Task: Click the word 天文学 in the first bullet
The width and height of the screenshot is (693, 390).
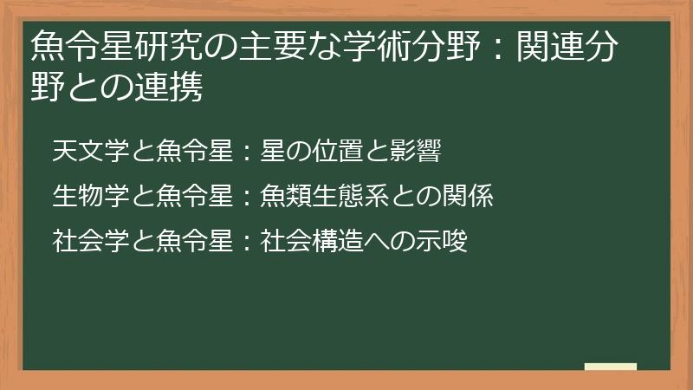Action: pos(91,151)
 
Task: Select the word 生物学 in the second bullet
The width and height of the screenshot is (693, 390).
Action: pos(91,196)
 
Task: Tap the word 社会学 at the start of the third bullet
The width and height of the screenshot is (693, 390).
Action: pos(91,241)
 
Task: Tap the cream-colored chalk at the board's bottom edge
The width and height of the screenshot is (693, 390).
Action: pos(610,367)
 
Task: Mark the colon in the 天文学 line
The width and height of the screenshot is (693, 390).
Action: pos(247,153)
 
